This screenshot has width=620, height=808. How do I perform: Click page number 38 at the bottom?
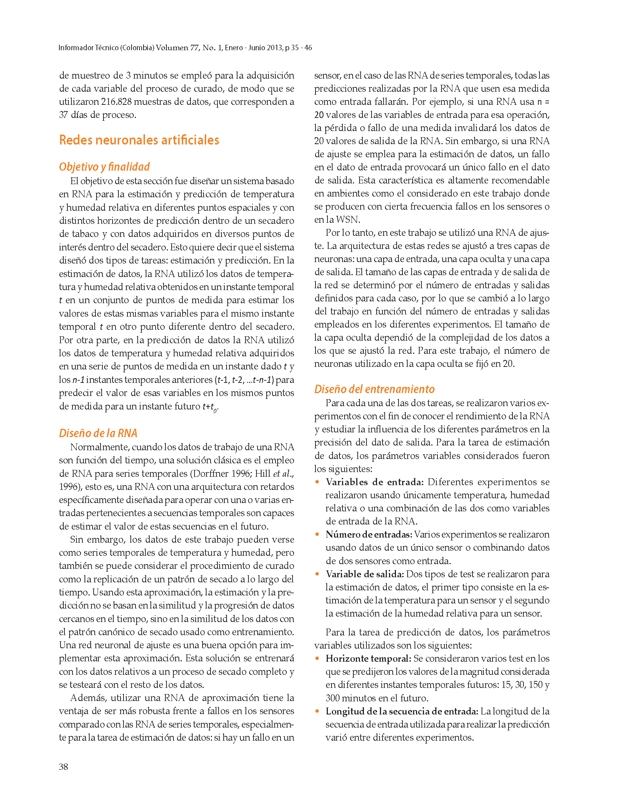click(63, 767)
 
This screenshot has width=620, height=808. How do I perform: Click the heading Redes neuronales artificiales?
click(139, 140)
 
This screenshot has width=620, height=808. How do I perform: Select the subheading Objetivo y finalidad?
click(105, 167)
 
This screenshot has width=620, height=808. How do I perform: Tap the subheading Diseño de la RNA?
click(98, 433)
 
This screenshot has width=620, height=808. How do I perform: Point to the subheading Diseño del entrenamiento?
click(374, 389)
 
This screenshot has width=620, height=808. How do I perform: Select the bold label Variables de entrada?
click(374, 482)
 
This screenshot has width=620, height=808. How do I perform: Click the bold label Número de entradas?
click(369, 534)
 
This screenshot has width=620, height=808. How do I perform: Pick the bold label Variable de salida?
click(365, 574)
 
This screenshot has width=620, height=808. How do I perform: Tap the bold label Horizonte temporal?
click(368, 659)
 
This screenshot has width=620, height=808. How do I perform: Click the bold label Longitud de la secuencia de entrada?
click(401, 712)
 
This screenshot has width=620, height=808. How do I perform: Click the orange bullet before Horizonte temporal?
click(317, 659)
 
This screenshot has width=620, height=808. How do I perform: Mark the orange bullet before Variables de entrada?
click(317, 482)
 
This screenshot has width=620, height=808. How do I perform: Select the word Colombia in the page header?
click(137, 48)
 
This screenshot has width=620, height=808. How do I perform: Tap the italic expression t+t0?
click(209, 407)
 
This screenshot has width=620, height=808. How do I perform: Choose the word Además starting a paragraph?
click(88, 698)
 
